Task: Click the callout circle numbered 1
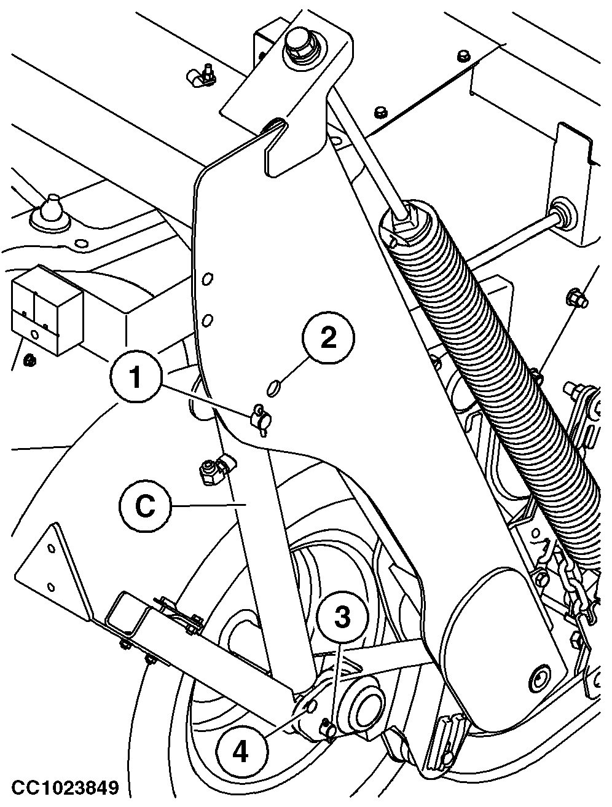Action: (136, 377)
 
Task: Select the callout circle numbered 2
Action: (328, 338)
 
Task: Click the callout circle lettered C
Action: (146, 506)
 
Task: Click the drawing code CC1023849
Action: (65, 787)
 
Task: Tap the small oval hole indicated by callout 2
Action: (272, 389)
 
